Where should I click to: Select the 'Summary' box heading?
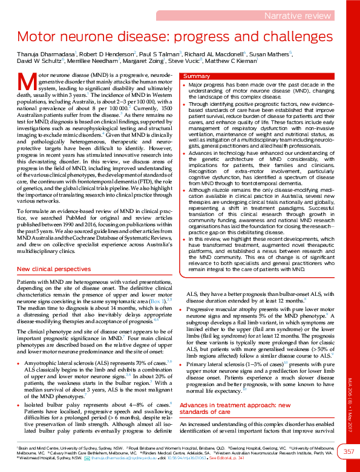pos(197,77)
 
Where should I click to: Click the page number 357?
pos(350,451)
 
